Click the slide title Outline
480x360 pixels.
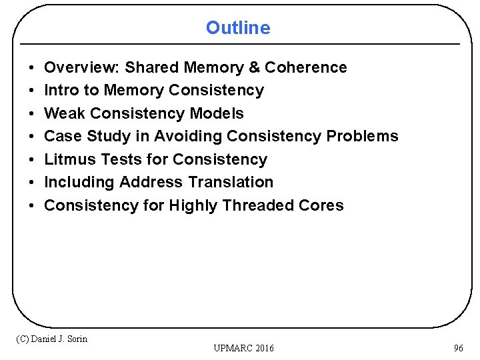click(x=238, y=28)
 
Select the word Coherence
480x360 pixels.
click(x=306, y=67)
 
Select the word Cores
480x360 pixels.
click(x=323, y=205)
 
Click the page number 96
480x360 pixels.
click(x=458, y=348)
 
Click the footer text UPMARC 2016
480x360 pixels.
click(x=243, y=348)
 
